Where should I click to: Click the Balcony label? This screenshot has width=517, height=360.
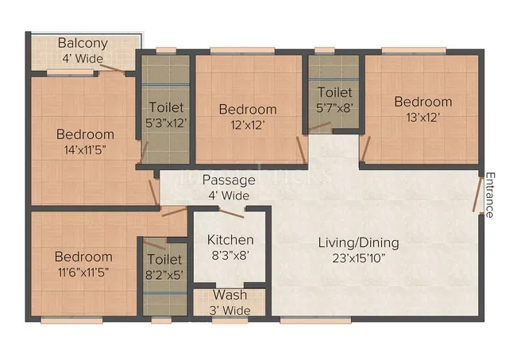click(82, 44)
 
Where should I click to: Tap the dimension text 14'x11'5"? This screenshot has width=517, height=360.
click(84, 149)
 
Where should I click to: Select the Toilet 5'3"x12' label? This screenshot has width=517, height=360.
click(167, 107)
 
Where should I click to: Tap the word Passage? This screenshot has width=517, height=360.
click(229, 180)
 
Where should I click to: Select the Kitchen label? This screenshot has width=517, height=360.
click(230, 240)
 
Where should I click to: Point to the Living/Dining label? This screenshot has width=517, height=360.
click(359, 242)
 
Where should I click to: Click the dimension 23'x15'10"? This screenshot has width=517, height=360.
click(359, 257)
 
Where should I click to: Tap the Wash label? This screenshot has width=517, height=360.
click(230, 296)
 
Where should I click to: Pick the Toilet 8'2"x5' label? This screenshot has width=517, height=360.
click(165, 260)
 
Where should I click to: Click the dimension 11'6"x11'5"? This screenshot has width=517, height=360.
click(83, 272)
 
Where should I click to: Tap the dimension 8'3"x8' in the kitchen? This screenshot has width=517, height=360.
click(230, 255)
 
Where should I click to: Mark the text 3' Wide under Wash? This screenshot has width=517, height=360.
click(230, 310)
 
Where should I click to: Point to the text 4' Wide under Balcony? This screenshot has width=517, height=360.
click(82, 58)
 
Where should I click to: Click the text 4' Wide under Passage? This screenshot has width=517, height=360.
click(229, 195)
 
